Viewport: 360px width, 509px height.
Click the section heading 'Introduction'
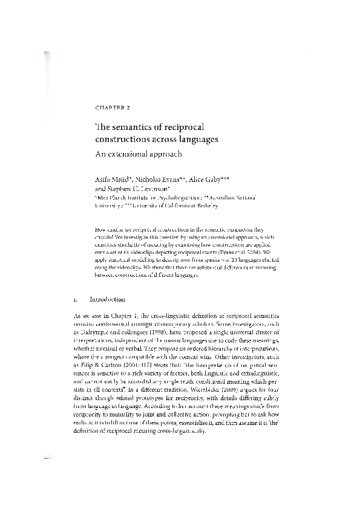point(107,299)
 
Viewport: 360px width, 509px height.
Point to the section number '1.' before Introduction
point(74,299)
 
